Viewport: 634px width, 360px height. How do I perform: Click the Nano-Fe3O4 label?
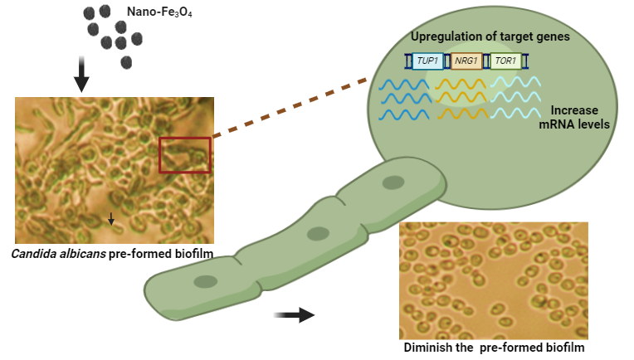(x=159, y=12)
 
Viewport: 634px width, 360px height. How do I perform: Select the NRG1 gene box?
(x=466, y=61)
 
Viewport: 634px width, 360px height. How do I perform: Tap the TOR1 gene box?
(x=505, y=61)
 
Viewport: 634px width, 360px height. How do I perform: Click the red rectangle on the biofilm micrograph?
(x=185, y=154)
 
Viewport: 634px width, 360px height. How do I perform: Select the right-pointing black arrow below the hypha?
(x=295, y=314)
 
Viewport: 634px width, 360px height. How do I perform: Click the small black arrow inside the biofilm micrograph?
(x=111, y=218)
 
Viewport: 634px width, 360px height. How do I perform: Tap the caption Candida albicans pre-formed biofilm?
(x=114, y=251)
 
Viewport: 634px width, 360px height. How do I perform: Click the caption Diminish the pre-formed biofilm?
(x=494, y=348)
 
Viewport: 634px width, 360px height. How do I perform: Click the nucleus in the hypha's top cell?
(x=393, y=182)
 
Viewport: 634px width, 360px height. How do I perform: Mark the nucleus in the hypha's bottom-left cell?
(x=204, y=283)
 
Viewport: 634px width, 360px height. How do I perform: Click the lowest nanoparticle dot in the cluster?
(x=126, y=61)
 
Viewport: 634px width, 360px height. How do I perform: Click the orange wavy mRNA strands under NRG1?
(x=461, y=99)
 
